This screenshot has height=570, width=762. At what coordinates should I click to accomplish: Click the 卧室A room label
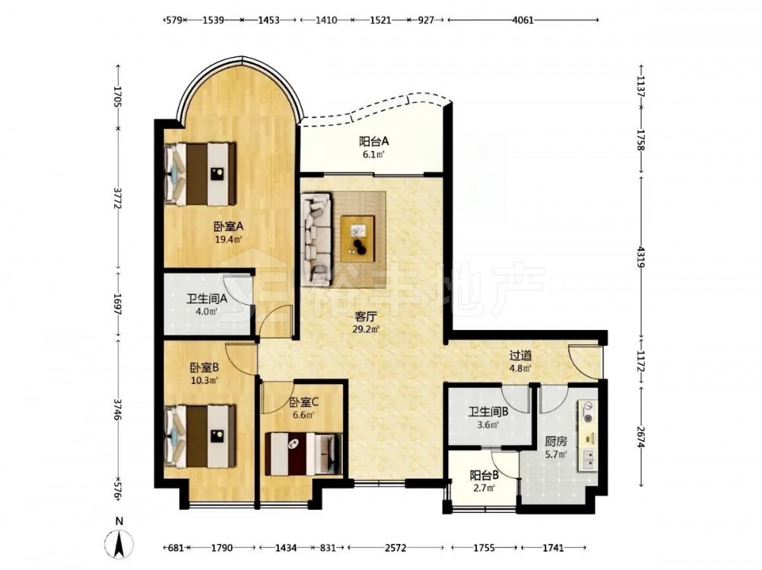(x=229, y=226)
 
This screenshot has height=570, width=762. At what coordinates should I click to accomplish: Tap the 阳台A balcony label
(x=374, y=142)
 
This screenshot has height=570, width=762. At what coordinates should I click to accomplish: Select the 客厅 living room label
(x=367, y=317)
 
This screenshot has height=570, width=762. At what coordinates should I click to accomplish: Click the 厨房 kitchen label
(x=555, y=442)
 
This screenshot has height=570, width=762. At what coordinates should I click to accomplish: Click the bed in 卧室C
(x=304, y=454)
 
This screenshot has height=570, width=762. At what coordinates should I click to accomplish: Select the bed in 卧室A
(x=200, y=174)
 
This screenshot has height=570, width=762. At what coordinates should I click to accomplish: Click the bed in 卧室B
(x=200, y=437)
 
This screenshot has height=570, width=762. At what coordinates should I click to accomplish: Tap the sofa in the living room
(x=316, y=238)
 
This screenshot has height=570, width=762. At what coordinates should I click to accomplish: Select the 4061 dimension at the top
(x=523, y=20)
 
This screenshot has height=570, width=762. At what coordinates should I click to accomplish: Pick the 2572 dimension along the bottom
(x=395, y=548)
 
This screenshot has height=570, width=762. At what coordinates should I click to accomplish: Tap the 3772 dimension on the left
(x=117, y=199)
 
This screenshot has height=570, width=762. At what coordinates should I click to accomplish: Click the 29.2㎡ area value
(x=367, y=329)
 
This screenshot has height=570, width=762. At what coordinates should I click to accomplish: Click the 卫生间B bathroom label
(x=488, y=412)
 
